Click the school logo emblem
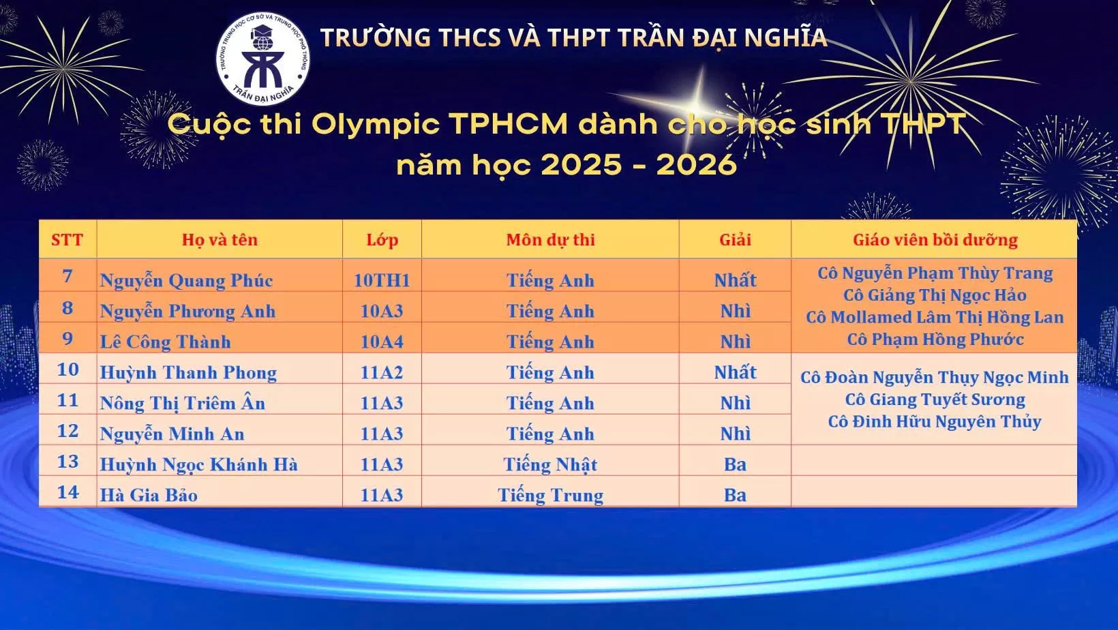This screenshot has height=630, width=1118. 262,59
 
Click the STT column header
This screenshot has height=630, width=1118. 67,240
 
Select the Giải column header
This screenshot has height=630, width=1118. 735,240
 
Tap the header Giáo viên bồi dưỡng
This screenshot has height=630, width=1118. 935,240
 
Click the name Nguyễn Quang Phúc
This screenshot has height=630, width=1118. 186,280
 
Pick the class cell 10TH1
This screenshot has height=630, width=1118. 382,280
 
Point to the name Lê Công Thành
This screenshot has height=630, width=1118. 165,342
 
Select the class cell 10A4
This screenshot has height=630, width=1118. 382,342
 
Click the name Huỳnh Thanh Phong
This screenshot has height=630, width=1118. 188,372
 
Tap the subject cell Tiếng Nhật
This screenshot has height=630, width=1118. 550,464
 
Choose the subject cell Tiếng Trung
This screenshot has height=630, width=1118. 550,495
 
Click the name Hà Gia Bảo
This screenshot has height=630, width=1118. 149,495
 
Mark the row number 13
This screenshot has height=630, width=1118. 67,462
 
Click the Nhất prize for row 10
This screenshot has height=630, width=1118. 735,372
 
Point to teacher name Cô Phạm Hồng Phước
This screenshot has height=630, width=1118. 935,340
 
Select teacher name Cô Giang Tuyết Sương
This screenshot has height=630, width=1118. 935,400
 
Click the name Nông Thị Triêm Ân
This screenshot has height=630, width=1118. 182,403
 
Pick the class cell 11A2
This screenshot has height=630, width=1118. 382,372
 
